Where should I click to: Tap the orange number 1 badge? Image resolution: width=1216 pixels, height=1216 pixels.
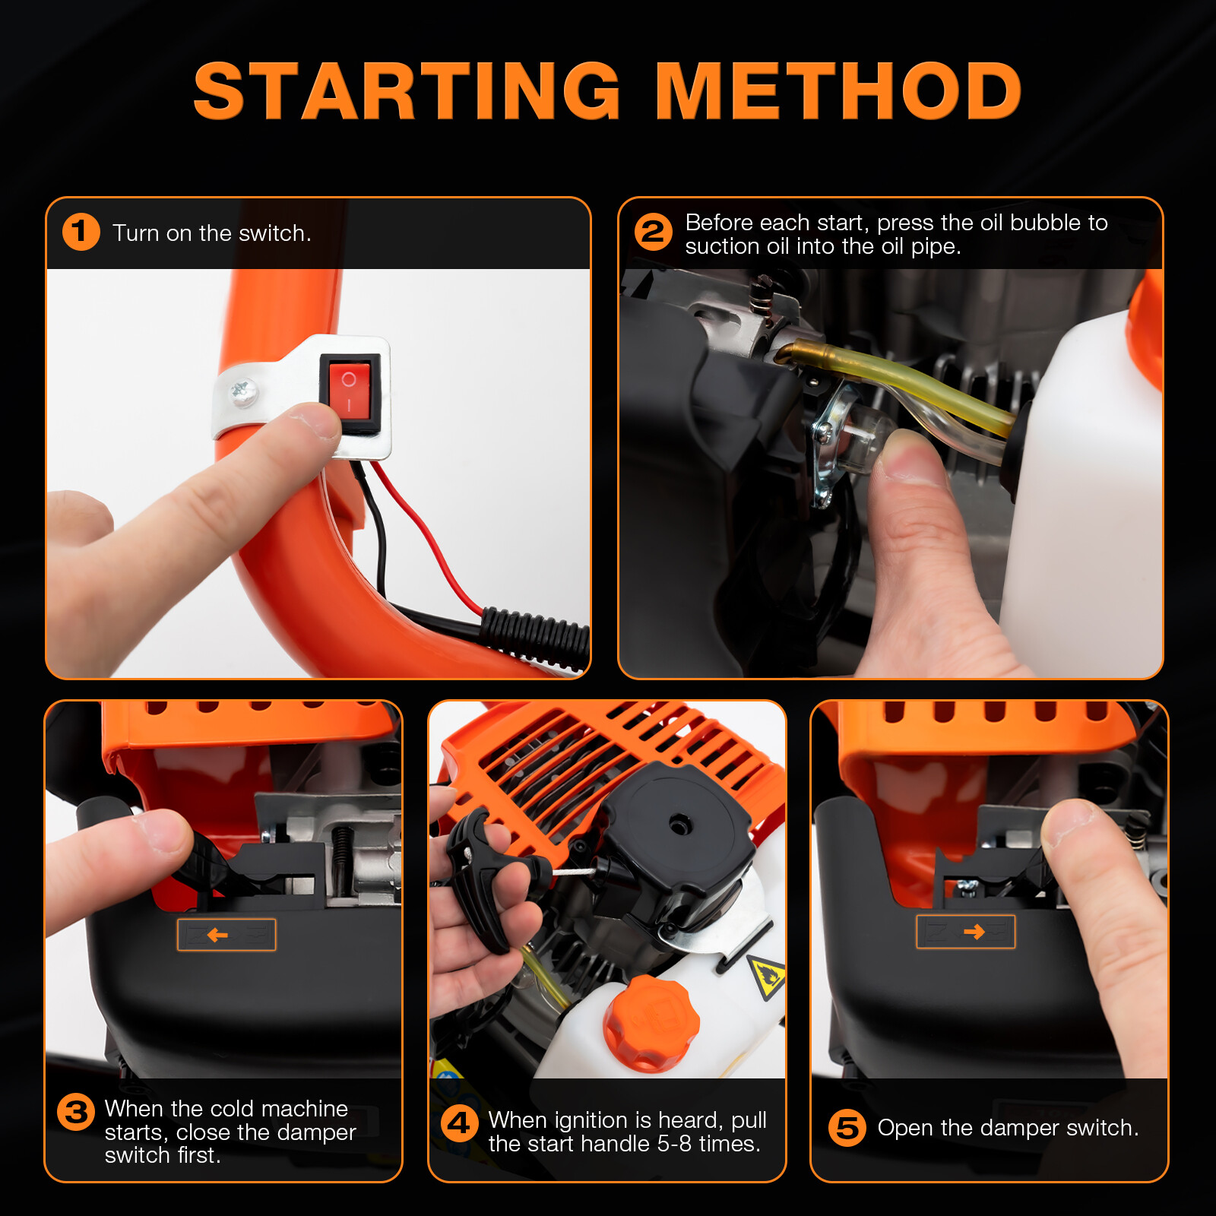(x=81, y=232)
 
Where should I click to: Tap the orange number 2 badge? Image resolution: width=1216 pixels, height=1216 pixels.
(x=653, y=232)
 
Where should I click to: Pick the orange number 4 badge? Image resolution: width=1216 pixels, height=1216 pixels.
(x=460, y=1123)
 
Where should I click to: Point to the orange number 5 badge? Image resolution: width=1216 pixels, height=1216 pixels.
(x=847, y=1127)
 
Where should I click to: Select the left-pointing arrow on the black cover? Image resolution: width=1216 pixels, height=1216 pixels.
(x=217, y=935)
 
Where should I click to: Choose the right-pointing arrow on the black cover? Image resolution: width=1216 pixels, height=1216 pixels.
(x=974, y=932)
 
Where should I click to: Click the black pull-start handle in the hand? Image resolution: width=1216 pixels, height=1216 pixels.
(x=479, y=874)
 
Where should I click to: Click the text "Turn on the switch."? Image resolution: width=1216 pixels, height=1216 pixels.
(x=212, y=233)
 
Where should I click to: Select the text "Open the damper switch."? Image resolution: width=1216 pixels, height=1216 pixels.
(x=1008, y=1128)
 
